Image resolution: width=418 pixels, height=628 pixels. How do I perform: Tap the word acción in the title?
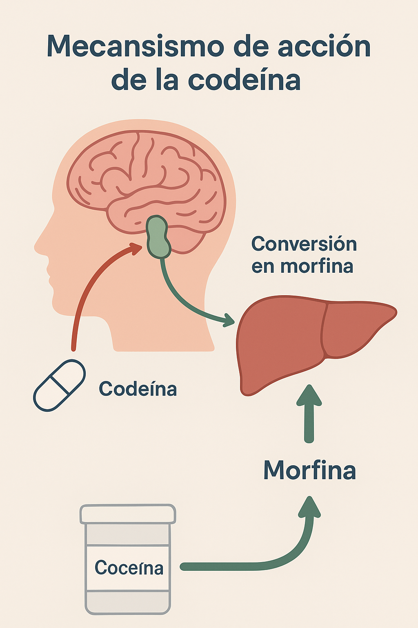coord(324,47)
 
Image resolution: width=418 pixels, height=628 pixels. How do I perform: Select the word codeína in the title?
coord(244,80)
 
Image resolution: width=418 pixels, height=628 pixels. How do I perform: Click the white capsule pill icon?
coord(59,385)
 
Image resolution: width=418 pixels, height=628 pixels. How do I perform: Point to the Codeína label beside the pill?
coord(138,389)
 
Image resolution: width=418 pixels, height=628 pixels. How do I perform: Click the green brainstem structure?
coord(158,237)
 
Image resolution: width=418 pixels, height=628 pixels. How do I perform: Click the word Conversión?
coord(304,244)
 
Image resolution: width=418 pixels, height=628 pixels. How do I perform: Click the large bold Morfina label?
coord(309,470)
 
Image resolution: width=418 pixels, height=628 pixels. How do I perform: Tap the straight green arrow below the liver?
coord(309,413)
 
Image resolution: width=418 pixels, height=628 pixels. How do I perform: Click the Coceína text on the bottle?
coord(129,568)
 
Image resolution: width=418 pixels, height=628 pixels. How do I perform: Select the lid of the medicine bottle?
coord(128,514)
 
